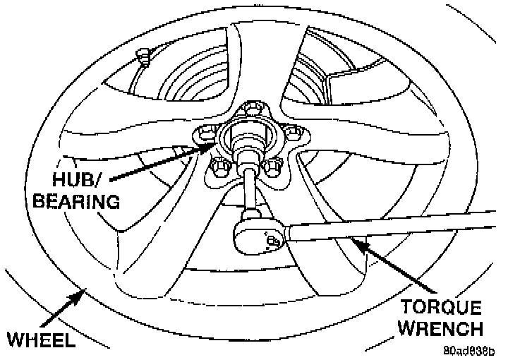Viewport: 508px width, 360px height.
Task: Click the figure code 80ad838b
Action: (x=469, y=349)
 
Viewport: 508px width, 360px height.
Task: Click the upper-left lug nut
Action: (x=205, y=133)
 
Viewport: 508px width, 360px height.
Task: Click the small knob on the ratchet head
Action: (x=274, y=243)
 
